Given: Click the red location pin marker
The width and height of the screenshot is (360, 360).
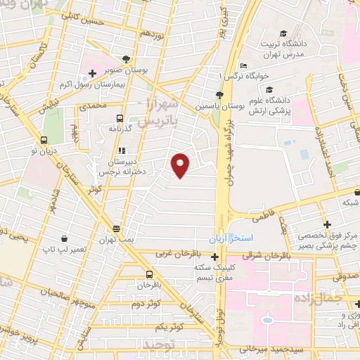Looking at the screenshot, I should [x=181, y=165].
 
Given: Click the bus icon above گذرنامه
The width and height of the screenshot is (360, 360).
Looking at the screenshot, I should [x=119, y=119].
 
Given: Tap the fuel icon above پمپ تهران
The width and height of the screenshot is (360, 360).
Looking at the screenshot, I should [x=117, y=229].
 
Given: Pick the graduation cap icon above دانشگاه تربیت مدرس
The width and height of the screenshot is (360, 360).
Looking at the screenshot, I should [x=283, y=34].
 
